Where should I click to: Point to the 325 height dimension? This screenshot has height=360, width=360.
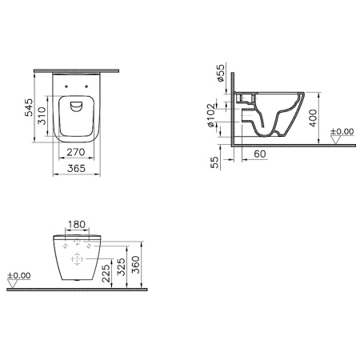[x=121, y=266]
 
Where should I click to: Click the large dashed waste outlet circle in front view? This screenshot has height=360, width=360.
[x=77, y=259]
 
